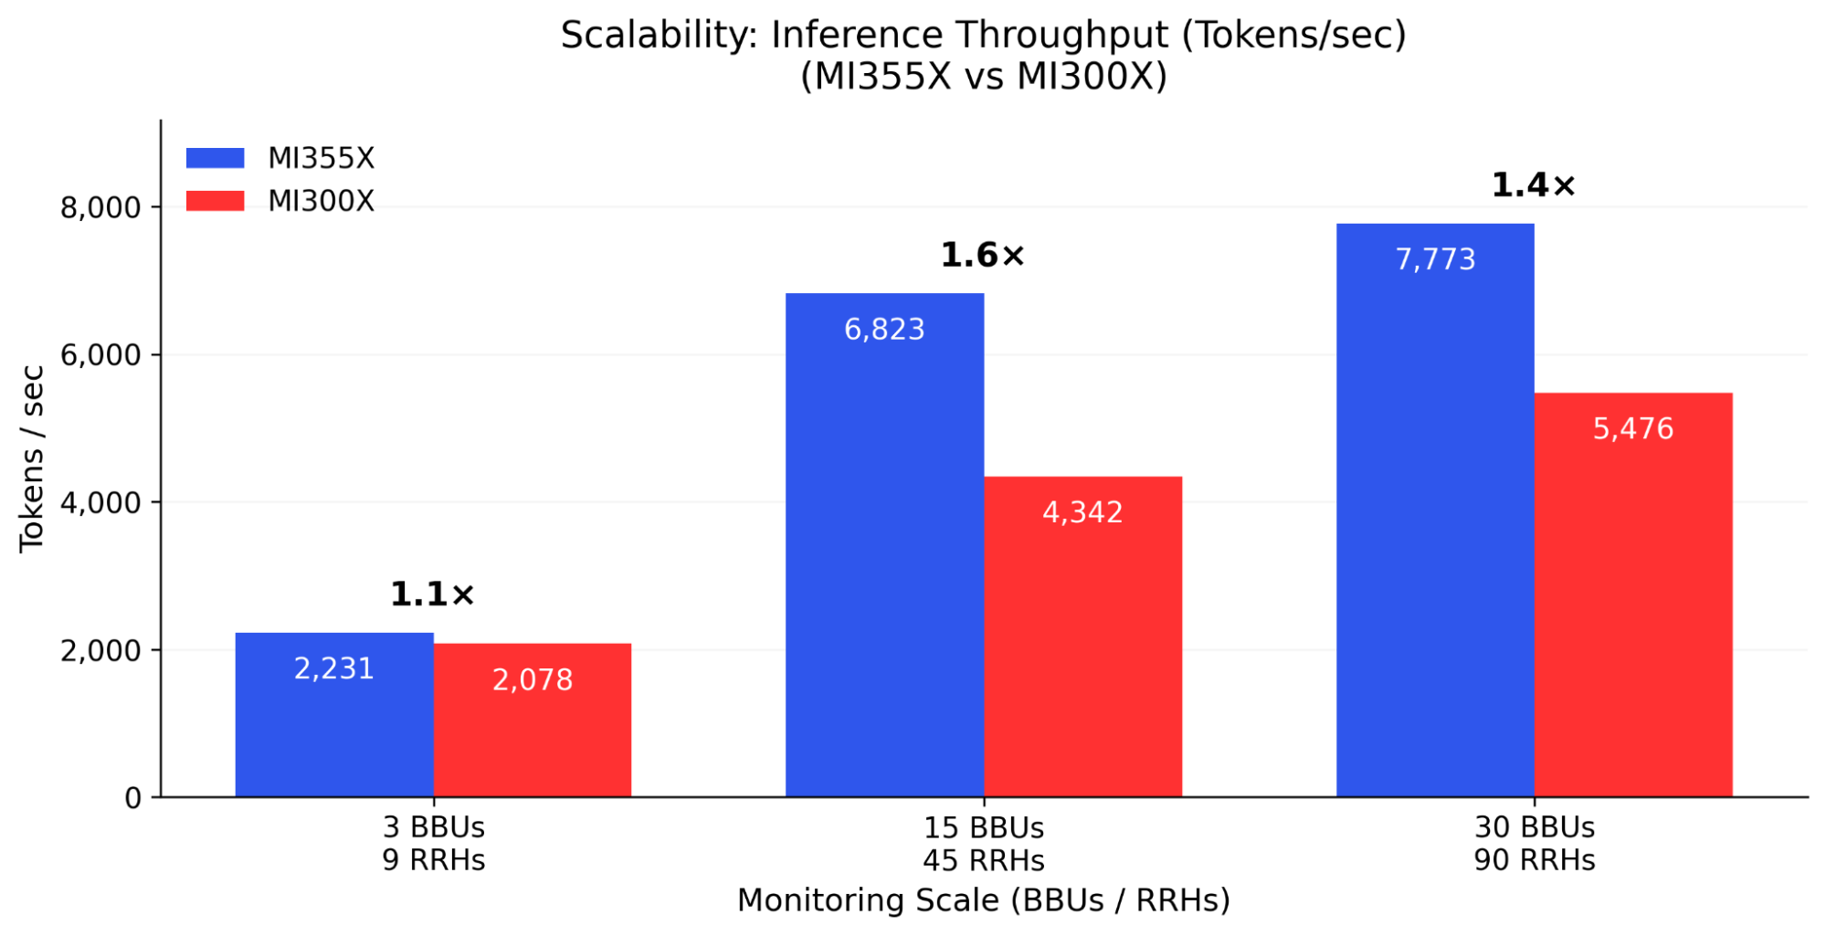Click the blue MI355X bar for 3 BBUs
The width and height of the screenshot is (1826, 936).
pyautogui.click(x=333, y=731)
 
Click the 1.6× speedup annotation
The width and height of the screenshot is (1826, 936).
pyautogui.click(x=983, y=256)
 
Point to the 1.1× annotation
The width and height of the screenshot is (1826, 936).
pyautogui.click(x=432, y=595)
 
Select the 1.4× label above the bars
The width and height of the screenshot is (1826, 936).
pyautogui.click(x=1533, y=186)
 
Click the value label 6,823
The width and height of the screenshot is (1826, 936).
pyautogui.click(x=884, y=330)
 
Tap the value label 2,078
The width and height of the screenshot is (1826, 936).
pyautogui.click(x=532, y=680)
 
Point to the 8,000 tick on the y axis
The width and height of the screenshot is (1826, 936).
pyautogui.click(x=100, y=208)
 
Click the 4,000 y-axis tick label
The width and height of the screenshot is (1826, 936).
pyautogui.click(x=100, y=503)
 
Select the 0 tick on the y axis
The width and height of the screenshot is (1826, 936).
pyautogui.click(x=133, y=799)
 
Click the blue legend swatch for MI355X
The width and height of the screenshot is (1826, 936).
pyautogui.click(x=215, y=158)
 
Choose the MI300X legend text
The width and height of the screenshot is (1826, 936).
pyautogui.click(x=321, y=201)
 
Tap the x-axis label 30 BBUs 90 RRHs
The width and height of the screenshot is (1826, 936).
pyautogui.click(x=1534, y=844)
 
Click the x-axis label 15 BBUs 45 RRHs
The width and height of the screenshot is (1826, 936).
pyautogui.click(x=983, y=844)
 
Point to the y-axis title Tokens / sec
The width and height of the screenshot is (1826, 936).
pyautogui.click(x=32, y=458)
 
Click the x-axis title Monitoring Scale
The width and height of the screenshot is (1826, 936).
pyautogui.click(x=983, y=900)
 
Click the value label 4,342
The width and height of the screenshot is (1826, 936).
pyautogui.click(x=1082, y=512)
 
